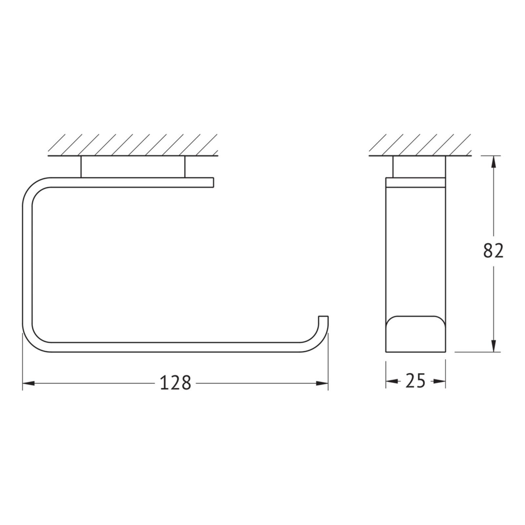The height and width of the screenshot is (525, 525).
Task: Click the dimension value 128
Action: tap(175, 383)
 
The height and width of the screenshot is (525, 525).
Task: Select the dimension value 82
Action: tap(493, 251)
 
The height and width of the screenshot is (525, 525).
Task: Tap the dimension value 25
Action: tap(415, 381)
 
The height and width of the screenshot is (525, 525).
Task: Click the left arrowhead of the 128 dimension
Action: tap(28, 383)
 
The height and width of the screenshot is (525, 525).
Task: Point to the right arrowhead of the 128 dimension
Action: tap(322, 383)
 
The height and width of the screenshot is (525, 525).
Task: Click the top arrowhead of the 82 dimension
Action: tap(493, 162)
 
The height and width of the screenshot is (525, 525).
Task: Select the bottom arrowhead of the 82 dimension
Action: tap(493, 346)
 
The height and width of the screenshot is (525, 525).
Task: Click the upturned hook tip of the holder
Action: tap(324, 317)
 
